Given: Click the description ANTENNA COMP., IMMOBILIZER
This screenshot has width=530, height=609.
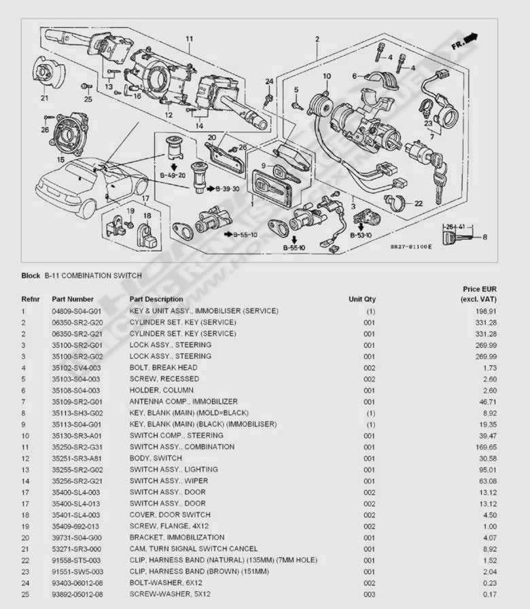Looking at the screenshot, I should click(183, 402).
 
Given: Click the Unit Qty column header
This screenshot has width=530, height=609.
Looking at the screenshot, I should click(361, 299).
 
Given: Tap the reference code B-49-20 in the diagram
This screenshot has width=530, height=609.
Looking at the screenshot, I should click(173, 175).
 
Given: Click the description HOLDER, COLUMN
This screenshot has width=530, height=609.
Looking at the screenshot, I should click(161, 390).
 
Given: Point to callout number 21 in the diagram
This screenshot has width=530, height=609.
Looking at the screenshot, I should click(44, 98).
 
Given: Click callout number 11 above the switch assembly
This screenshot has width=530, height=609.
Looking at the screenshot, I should click(189, 38).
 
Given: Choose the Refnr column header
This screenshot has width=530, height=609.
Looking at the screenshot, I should click(31, 299).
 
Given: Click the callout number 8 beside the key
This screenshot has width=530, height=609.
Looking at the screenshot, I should click(485, 237).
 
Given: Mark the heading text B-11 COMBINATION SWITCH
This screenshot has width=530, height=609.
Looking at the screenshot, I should click(93, 276).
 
